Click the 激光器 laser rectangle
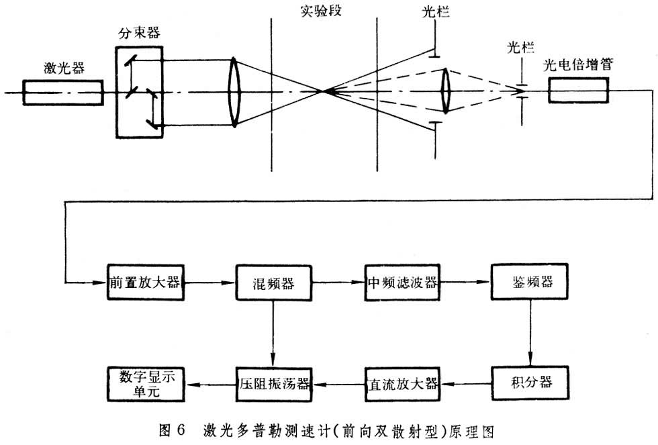click(x=63, y=91)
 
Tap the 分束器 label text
click(x=140, y=32)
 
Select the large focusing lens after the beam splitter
click(x=234, y=91)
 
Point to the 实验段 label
click(x=321, y=11)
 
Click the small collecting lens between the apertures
click(x=445, y=91)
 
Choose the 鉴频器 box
click(x=530, y=282)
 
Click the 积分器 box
click(x=530, y=383)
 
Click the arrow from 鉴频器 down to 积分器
click(x=530, y=332)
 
